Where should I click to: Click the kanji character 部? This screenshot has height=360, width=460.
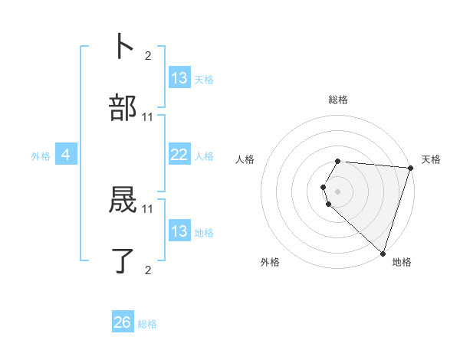coord(123,109)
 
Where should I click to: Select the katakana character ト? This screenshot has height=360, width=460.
coord(123,46)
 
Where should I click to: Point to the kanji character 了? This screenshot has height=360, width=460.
coord(123,260)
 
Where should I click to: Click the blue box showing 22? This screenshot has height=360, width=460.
coord(179,155)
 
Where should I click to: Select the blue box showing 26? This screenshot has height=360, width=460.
coord(123,322)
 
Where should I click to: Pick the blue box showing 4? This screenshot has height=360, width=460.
coord(66,155)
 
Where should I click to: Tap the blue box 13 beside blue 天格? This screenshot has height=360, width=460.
coord(179,78)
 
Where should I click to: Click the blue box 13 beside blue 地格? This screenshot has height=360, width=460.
coord(179,231)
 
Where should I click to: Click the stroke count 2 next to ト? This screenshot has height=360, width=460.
coord(148,55)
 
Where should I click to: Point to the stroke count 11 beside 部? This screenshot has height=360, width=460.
coord(148,117)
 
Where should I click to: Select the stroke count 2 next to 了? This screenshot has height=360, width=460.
coord(148,270)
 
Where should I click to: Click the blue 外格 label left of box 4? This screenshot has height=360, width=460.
coord(41,156)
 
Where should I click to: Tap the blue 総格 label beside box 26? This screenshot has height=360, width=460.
coord(147,324)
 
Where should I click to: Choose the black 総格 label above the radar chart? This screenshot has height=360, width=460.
coord(338,100)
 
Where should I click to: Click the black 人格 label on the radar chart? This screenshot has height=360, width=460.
coord(245,159)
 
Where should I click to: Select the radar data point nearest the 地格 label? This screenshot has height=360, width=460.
coord(383,253)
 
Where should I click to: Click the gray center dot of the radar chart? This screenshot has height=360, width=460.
coord(338,191)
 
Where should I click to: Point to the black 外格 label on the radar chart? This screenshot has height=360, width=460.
coord(270,263)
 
